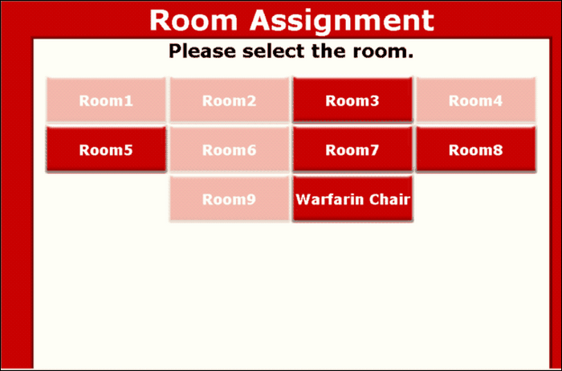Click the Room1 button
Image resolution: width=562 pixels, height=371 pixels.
(106, 101)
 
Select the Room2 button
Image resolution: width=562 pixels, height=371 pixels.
(229, 101)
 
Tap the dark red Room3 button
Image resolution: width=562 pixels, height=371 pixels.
(352, 101)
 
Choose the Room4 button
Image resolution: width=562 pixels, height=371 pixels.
(475, 101)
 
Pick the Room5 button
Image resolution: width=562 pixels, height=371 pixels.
(106, 150)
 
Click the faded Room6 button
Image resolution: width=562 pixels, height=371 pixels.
(229, 150)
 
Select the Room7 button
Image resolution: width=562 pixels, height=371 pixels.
(352, 150)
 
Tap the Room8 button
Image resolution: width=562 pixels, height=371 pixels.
(475, 150)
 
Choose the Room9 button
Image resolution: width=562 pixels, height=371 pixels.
(229, 199)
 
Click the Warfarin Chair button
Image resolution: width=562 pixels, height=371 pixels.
(352, 199)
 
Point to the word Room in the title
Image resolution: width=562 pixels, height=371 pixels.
(195, 20)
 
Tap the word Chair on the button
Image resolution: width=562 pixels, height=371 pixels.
(388, 199)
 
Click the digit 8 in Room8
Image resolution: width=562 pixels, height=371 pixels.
(498, 150)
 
